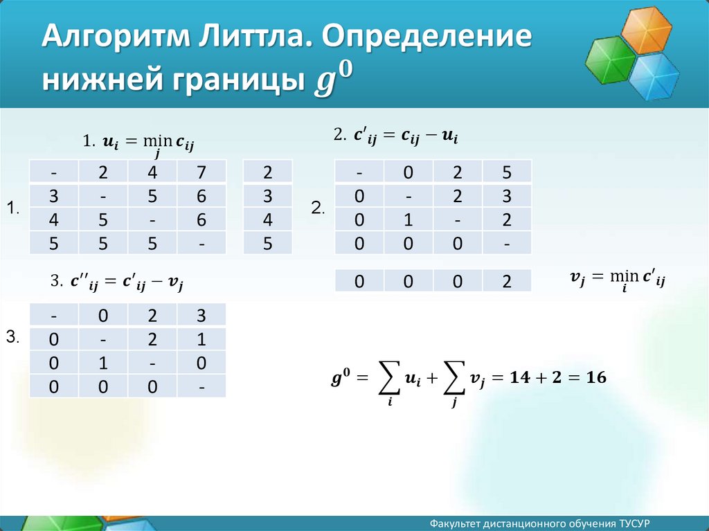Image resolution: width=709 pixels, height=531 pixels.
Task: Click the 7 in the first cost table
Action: point(201,172)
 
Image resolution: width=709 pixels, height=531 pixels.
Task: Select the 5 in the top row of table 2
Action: point(507,172)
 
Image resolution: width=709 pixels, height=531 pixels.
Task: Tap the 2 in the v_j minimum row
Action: point(507,281)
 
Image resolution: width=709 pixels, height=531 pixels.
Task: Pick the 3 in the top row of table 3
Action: point(201,315)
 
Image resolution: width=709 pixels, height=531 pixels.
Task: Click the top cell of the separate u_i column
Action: point(268,172)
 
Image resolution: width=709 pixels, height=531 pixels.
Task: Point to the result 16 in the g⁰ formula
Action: point(596,377)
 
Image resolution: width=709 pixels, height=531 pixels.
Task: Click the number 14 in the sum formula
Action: point(520,377)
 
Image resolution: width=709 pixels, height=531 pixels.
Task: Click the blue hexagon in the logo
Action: point(654,76)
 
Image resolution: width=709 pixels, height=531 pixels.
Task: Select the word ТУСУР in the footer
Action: point(635,523)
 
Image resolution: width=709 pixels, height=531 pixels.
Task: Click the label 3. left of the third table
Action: point(12,337)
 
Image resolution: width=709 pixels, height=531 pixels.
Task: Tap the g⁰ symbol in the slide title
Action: point(333,79)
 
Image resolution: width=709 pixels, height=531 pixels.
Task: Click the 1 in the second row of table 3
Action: point(201,339)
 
